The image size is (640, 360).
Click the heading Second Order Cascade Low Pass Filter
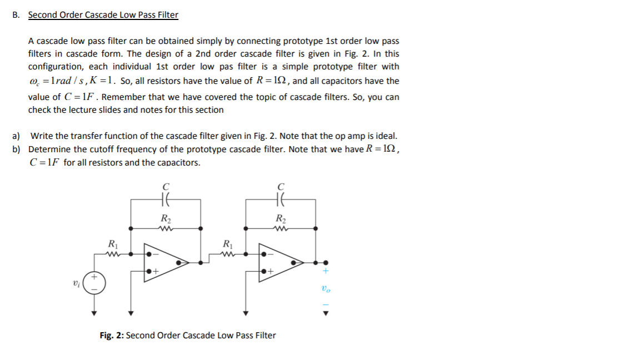[x=103, y=15]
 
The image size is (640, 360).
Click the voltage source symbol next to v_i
[x=95, y=283]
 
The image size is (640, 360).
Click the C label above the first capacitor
[x=165, y=187]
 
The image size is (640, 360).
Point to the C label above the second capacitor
[x=282, y=187]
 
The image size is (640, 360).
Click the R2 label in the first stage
[x=165, y=218]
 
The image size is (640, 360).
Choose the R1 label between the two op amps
[x=227, y=243]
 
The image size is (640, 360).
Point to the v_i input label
[x=76, y=283]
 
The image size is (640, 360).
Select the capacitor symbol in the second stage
[x=282, y=197]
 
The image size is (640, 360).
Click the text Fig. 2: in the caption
[x=112, y=336]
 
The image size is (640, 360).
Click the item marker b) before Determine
[x=17, y=149]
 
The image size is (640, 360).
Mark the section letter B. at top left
[x=16, y=15]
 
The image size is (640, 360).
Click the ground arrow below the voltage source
[x=95, y=313]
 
